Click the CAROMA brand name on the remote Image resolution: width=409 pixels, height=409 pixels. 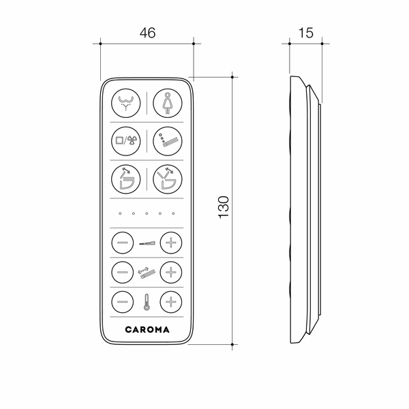coord(147,329)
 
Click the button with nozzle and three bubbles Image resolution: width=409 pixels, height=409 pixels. coord(166,142)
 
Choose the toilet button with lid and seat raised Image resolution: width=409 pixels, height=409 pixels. coord(166,181)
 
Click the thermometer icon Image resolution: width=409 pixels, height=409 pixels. coord(147,301)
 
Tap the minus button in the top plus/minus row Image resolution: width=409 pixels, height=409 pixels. coord(123,242)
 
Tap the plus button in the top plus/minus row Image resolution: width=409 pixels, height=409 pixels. coord(170,242)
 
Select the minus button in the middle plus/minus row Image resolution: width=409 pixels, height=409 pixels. coord(123,271)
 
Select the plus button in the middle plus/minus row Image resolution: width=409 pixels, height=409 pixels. coord(170,271)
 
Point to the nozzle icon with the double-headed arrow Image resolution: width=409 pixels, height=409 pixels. coord(147,271)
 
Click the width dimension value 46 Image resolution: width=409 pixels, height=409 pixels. coord(147,31)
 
